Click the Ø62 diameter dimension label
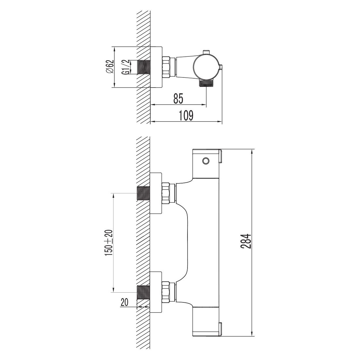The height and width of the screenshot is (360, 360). [x=110, y=67]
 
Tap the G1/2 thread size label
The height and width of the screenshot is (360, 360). [x=125, y=67]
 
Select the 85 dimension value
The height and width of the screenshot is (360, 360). [x=178, y=99]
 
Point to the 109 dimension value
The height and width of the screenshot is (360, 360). [x=186, y=115]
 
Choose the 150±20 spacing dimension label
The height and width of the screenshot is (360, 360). [x=109, y=243]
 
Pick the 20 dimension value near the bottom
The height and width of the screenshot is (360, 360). [x=124, y=302]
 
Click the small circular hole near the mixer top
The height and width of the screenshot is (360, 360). [x=206, y=161]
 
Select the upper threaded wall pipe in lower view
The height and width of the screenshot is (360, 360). [x=143, y=193]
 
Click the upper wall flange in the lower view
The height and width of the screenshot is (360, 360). [x=156, y=193]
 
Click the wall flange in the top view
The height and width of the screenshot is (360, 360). [x=156, y=67]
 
